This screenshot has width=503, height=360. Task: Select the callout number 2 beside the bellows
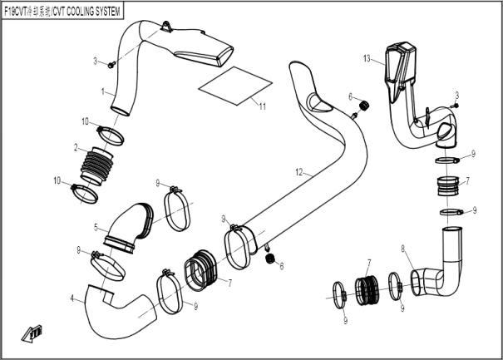76,149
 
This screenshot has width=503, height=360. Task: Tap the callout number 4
72,298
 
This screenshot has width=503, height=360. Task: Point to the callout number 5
96,226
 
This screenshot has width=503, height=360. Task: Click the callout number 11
261,106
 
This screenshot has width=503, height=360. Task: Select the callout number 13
367,58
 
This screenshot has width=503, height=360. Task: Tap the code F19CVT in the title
19,12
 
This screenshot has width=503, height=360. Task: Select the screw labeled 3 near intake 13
453,106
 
